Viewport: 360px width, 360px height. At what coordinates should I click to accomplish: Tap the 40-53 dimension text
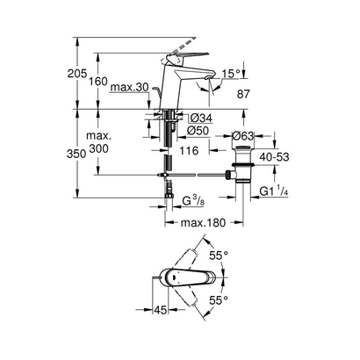coord(273,155)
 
